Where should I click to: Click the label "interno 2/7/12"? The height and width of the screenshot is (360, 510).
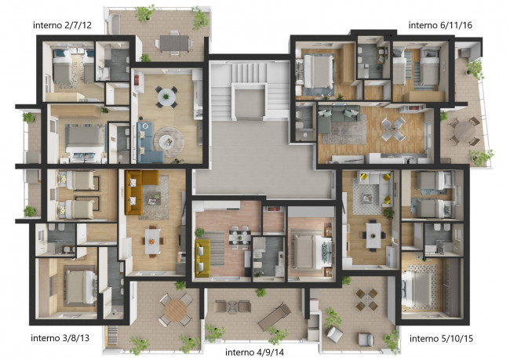coord(62,25)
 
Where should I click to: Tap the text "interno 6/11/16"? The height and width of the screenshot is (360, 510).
coord(440,25)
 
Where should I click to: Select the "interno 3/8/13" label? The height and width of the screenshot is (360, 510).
coord(60,338)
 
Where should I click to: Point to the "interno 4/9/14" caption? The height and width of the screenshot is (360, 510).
coord(254,352)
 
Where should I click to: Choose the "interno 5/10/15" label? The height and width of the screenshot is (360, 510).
coord(441,339)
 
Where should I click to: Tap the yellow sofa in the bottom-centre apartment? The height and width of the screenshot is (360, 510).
coord(202,258)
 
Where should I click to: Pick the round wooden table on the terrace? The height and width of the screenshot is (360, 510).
coord(176,311)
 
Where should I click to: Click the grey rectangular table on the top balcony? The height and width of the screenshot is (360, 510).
coord(174,43)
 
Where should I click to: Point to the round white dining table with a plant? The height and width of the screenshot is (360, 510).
coord(166,97)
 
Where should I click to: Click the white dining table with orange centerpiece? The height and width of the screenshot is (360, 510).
coord(152,242)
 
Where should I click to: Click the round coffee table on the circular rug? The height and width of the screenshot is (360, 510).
coord(169,142)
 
